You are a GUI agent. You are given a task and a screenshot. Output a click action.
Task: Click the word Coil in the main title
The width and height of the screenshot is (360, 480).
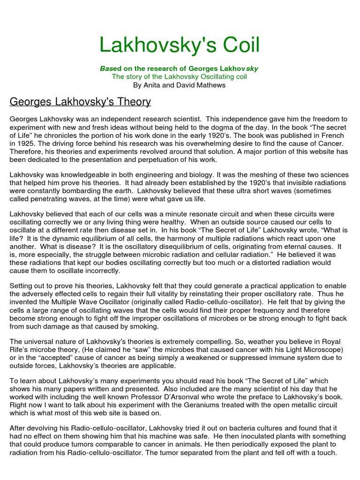point(234,45)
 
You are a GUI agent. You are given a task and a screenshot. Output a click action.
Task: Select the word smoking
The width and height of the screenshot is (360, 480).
point(144,326)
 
